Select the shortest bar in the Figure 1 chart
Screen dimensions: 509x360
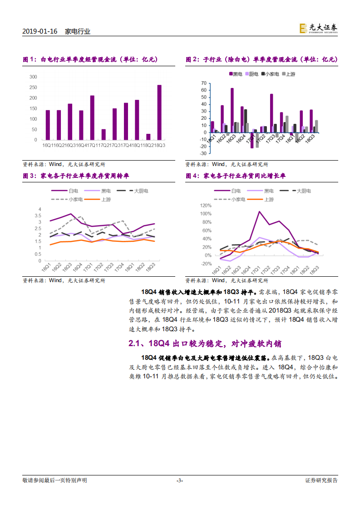point(148,137)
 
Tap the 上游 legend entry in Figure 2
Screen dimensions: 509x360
point(289,73)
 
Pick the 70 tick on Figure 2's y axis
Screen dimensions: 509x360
point(204,83)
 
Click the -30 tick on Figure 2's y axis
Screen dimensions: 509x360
point(203,153)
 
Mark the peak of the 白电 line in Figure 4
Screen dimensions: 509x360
point(259,211)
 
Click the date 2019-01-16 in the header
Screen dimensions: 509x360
point(39,31)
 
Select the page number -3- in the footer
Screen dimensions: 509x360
point(180,480)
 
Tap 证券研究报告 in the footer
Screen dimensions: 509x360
point(321,480)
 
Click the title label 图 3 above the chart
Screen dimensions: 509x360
point(29,176)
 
